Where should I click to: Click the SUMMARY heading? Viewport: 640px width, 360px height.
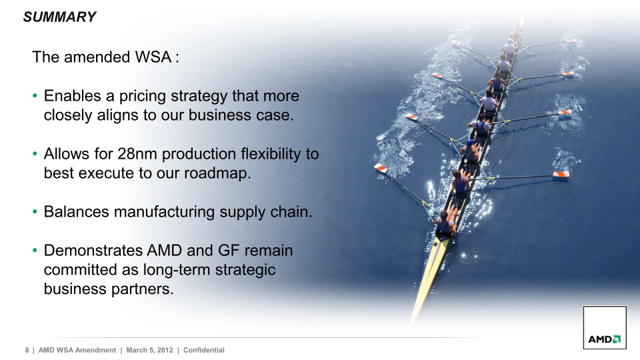(59, 17)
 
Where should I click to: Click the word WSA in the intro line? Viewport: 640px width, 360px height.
(153, 57)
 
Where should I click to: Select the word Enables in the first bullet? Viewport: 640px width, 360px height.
(72, 96)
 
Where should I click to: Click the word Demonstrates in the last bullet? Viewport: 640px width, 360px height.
(93, 250)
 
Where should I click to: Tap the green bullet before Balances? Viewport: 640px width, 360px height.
(35, 212)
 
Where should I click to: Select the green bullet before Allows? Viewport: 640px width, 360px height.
(35, 154)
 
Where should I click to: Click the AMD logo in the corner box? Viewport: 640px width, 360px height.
(605, 339)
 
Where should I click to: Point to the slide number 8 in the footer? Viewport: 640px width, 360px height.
(27, 350)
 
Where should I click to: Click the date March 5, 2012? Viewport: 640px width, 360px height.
(149, 350)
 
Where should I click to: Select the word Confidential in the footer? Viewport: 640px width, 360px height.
(204, 350)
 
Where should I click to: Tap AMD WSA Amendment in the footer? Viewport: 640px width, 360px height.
(77, 350)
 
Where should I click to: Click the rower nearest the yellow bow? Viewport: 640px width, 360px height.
(445, 224)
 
